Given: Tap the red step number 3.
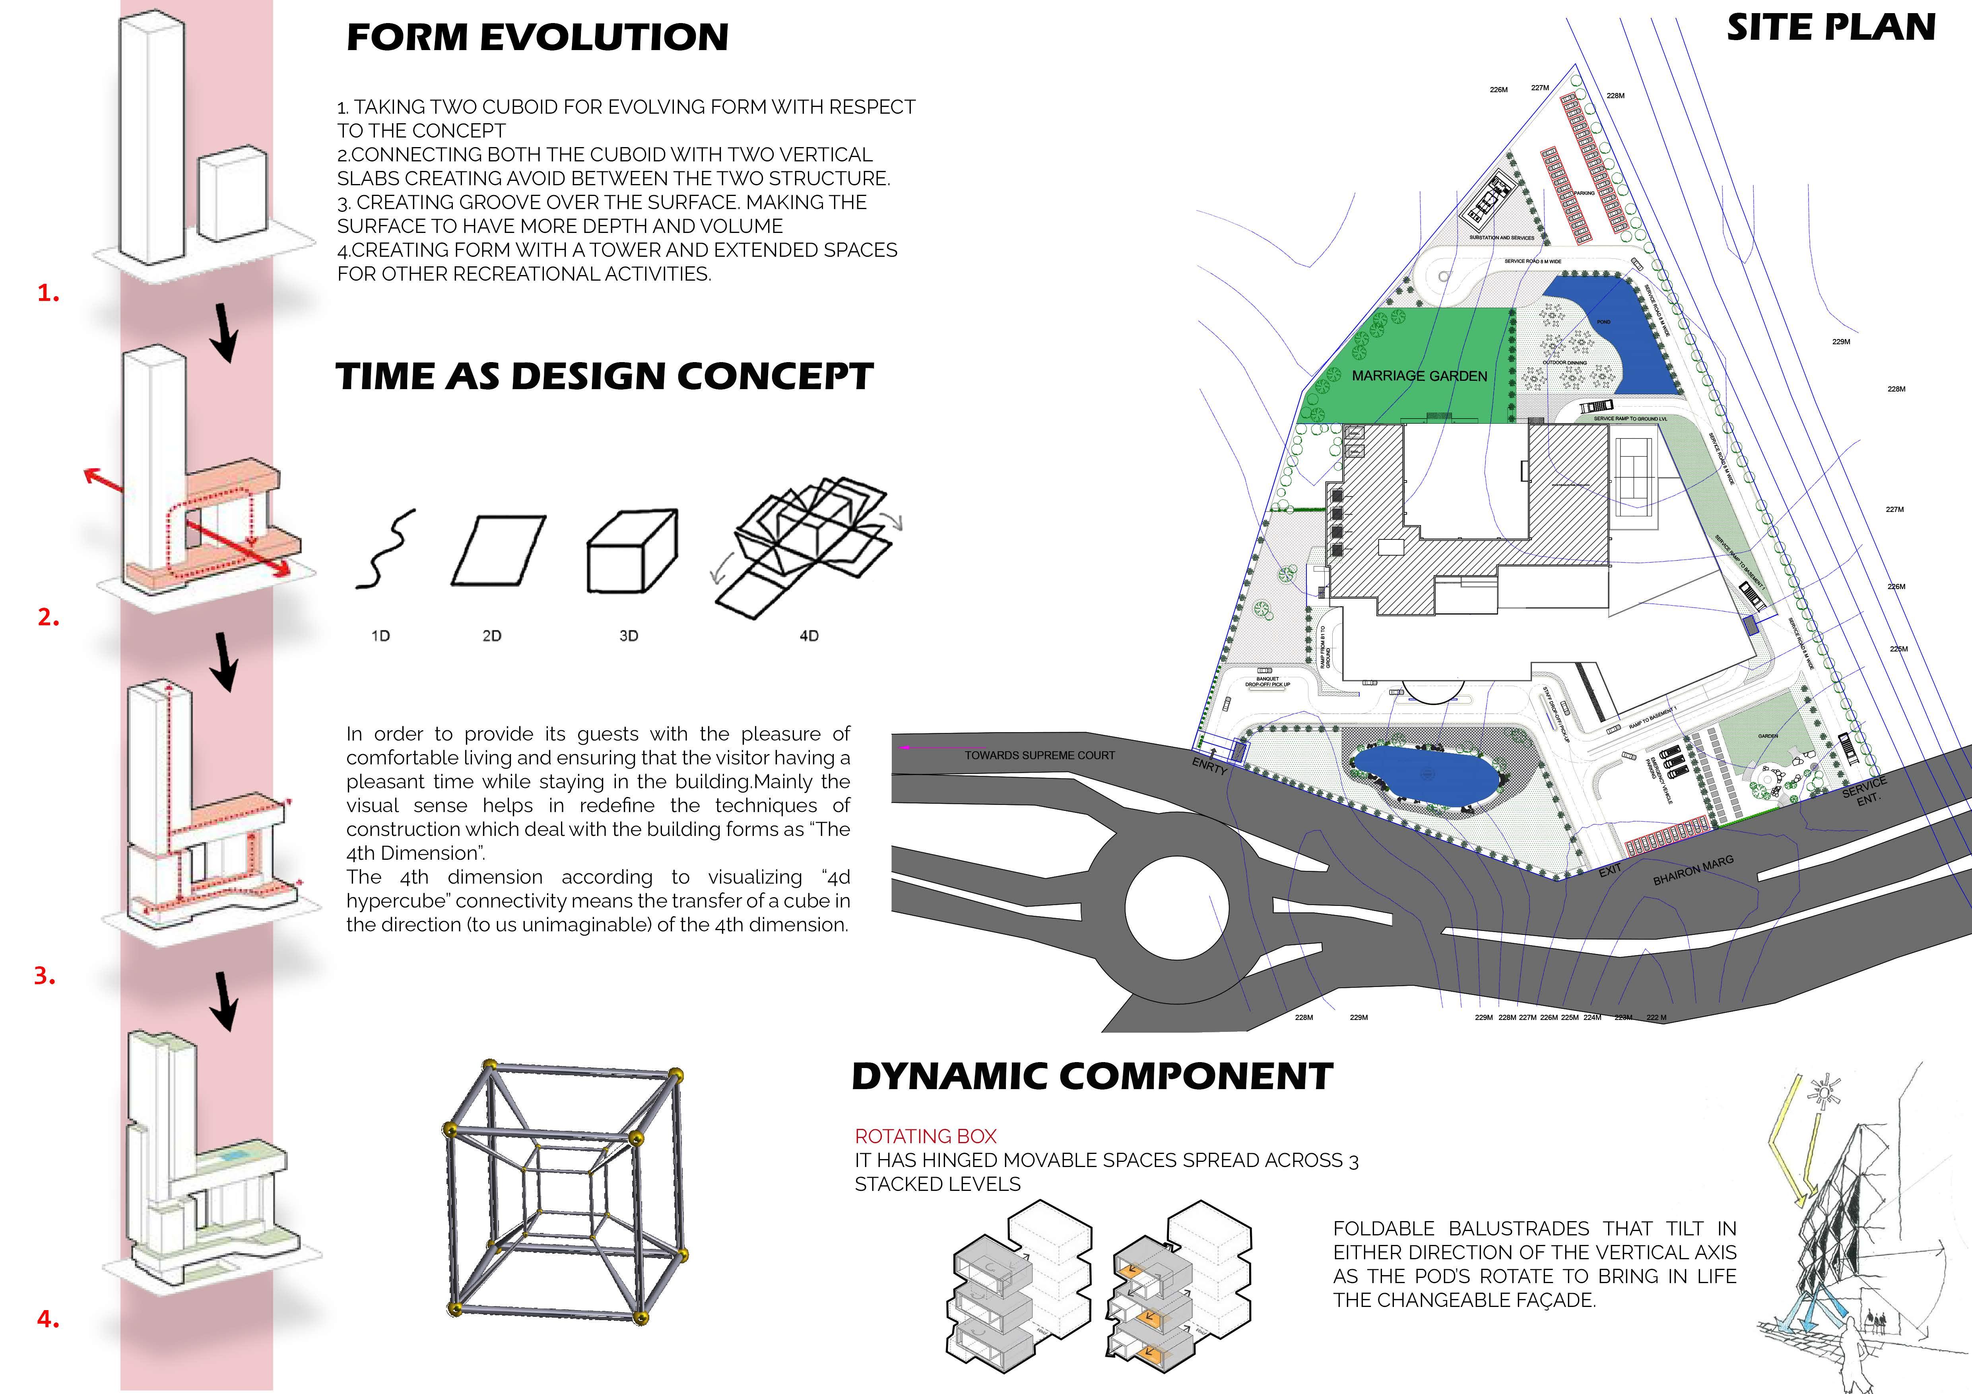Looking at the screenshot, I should coord(45,976).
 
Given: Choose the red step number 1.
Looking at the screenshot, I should coord(48,294).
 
